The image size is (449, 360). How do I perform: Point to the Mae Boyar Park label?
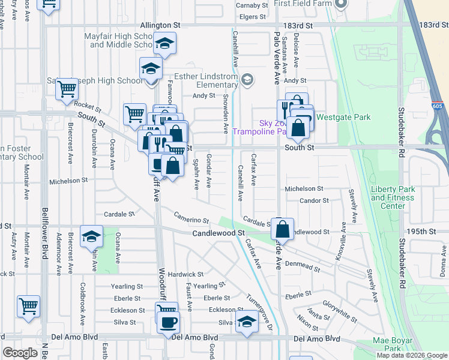click(x=394, y=344)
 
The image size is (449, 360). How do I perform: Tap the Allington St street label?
click(x=160, y=26)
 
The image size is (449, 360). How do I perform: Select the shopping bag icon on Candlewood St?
click(x=282, y=229)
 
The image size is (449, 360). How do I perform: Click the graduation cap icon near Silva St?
click(x=246, y=322)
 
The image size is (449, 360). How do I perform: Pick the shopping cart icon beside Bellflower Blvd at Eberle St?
click(x=29, y=306)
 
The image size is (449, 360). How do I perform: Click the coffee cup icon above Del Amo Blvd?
click(x=167, y=323)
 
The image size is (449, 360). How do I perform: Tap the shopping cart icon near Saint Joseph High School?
click(x=67, y=89)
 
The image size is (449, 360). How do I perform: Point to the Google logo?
click(x=20, y=353)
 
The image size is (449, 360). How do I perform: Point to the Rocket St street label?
click(x=88, y=104)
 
